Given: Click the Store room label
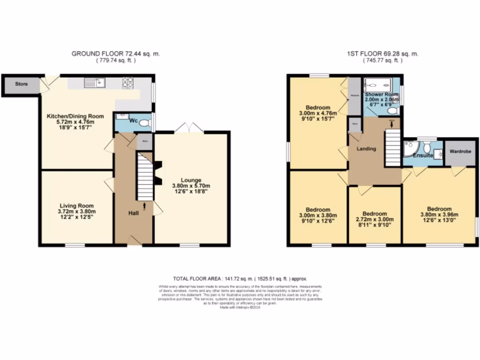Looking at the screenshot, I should (21, 84).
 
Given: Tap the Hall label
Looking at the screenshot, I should (134, 213).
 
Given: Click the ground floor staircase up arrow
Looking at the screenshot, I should (145, 205).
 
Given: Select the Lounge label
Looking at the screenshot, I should (191, 180).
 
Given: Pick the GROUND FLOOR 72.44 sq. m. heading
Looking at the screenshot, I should (115, 54).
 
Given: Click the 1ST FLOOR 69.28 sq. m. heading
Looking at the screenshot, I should (382, 54).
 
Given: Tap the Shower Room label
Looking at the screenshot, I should (382, 95).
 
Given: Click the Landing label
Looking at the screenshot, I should (366, 149).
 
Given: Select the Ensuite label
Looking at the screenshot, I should (423, 155).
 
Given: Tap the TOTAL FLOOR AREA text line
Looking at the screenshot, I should (240, 278).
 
